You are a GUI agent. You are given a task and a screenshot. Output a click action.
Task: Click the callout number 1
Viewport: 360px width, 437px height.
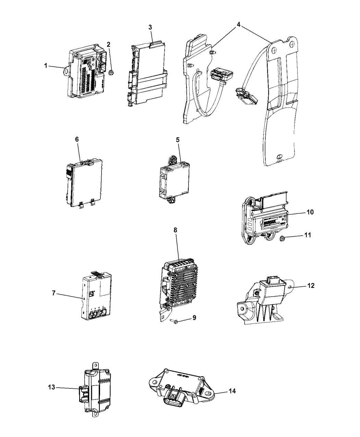[46, 65]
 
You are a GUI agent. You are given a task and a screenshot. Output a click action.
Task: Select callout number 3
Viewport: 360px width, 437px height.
[150, 28]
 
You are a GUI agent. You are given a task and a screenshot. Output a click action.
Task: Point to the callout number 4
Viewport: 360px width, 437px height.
[239, 24]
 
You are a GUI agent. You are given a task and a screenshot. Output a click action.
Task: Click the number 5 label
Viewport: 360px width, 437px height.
[178, 140]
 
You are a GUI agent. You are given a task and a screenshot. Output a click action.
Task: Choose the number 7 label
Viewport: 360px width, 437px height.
[54, 294]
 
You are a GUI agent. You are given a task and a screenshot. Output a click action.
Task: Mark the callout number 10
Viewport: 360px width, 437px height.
[310, 212]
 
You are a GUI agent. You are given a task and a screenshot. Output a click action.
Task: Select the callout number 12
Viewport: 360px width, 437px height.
[311, 285]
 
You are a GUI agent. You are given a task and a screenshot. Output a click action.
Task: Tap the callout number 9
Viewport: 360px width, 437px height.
[194, 318]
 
